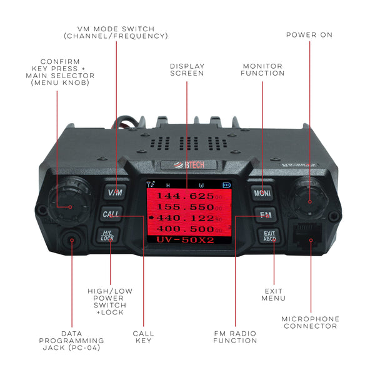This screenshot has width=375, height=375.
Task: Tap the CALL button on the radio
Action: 111,214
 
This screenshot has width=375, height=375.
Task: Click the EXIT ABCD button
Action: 269,236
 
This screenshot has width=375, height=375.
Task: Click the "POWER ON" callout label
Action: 310,35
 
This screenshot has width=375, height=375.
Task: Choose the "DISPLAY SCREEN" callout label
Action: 187,69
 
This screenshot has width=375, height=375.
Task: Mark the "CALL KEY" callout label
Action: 144,337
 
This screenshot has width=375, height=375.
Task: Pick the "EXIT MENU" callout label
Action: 273,294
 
